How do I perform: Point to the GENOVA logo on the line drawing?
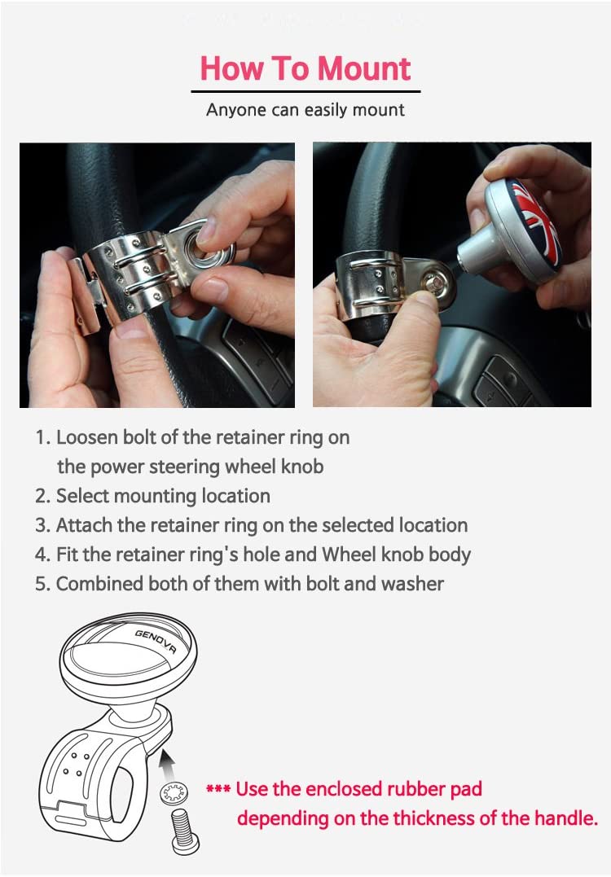tap(156, 641)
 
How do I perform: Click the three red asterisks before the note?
tap(218, 789)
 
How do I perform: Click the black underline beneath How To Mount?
tap(305, 91)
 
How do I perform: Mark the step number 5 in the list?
tap(41, 585)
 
